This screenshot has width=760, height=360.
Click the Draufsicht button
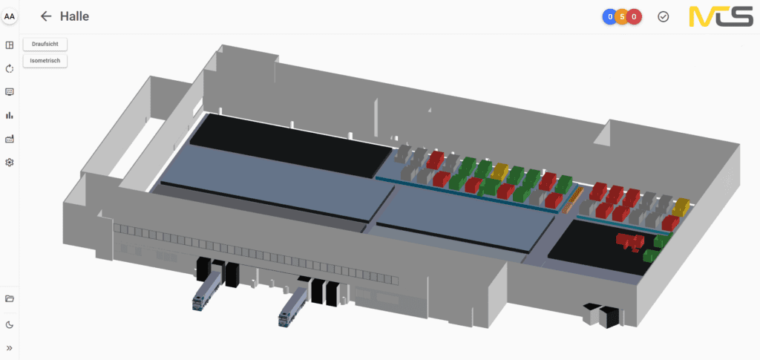pyautogui.click(x=45, y=44)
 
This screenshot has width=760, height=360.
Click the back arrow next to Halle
pyautogui.click(x=46, y=16)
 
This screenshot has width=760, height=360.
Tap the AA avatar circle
pyautogui.click(x=9, y=16)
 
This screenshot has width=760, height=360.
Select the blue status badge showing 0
pyautogui.click(x=609, y=17)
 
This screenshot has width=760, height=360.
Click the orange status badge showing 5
pyautogui.click(x=622, y=17)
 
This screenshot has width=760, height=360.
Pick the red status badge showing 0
pyautogui.click(x=635, y=17)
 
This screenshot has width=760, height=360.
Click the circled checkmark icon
pyautogui.click(x=663, y=17)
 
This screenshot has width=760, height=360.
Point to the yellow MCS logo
pyautogui.click(x=721, y=17)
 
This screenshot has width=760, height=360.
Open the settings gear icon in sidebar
pyautogui.click(x=9, y=163)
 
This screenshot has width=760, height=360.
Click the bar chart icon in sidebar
pyautogui.click(x=9, y=115)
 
